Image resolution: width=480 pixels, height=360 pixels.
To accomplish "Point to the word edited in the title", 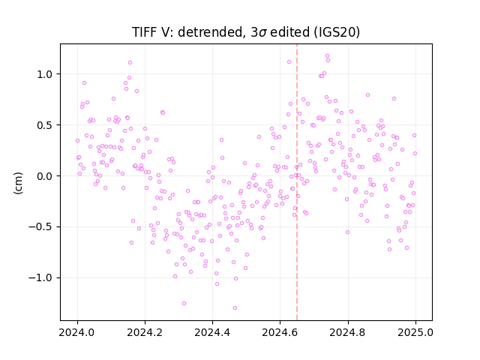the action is [x=289, y=32].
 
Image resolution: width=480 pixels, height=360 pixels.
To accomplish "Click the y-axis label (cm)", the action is [x=18, y=183].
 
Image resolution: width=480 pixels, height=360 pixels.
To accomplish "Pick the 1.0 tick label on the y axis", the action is [x=45, y=74].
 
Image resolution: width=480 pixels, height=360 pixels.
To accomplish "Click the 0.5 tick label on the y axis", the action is [x=45, y=125].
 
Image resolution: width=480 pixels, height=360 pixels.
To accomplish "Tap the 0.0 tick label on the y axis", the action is [x=45, y=176].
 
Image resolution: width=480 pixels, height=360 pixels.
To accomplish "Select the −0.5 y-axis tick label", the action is [x=40, y=226].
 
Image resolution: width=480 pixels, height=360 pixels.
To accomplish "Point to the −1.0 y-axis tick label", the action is [x=40, y=277].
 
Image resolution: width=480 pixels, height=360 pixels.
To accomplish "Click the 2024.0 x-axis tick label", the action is [x=77, y=332].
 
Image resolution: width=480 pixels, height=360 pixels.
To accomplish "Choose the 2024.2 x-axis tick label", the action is [x=145, y=332].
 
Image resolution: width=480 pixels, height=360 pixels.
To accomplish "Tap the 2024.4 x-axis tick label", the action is [x=212, y=332].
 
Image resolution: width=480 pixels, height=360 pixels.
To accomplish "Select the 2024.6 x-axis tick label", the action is [x=280, y=332].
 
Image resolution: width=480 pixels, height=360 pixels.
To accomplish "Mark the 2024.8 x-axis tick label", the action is [x=348, y=332].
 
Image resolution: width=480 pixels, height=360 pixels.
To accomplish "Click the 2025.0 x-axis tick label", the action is [x=415, y=332].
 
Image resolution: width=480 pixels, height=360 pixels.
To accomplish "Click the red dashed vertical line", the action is [x=297, y=182].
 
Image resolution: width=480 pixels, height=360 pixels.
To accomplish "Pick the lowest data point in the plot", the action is [x=235, y=307].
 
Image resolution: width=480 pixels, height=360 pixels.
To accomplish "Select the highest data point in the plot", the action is [x=327, y=55].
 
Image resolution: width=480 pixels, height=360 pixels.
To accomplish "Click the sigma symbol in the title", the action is [x=263, y=33].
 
